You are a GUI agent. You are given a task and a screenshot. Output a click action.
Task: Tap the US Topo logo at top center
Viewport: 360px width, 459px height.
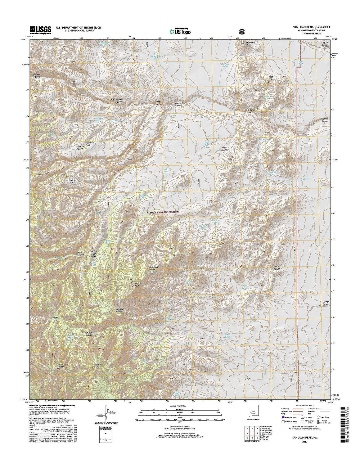point(180,31)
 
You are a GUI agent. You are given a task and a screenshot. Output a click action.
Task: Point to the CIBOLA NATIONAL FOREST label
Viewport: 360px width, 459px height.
point(164,212)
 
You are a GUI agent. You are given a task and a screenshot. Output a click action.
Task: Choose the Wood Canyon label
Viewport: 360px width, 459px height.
point(225,149)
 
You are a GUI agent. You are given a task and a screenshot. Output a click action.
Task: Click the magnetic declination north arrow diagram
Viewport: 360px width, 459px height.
point(107,415)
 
